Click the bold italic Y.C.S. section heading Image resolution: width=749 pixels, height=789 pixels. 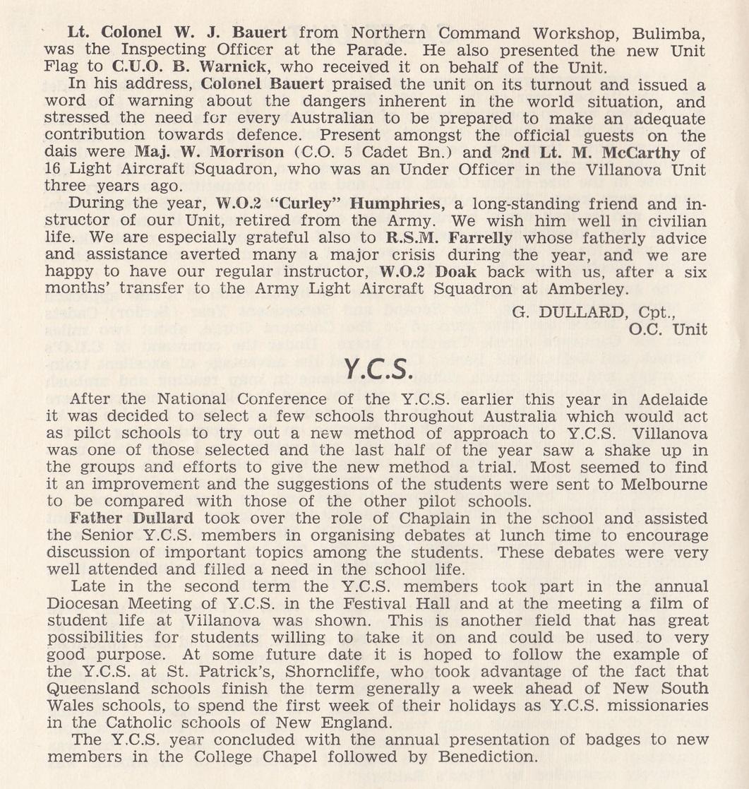click(x=374, y=368)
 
